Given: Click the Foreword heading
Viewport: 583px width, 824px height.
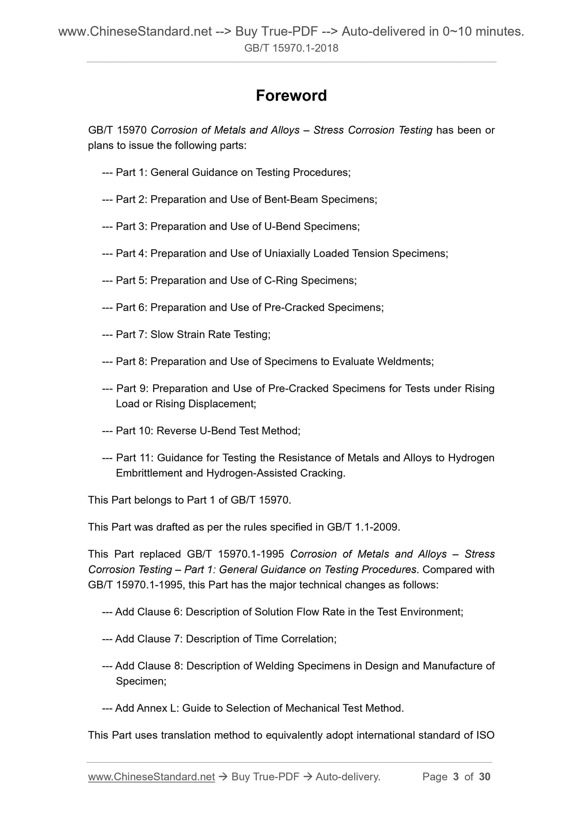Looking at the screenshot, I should [291, 96].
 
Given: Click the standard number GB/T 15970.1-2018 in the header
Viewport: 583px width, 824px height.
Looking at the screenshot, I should [291, 49].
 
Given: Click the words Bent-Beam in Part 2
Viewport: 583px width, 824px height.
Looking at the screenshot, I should [291, 200].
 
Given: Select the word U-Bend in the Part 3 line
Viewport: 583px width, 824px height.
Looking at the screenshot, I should [282, 227].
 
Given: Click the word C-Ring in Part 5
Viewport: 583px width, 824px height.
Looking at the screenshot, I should [281, 281].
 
